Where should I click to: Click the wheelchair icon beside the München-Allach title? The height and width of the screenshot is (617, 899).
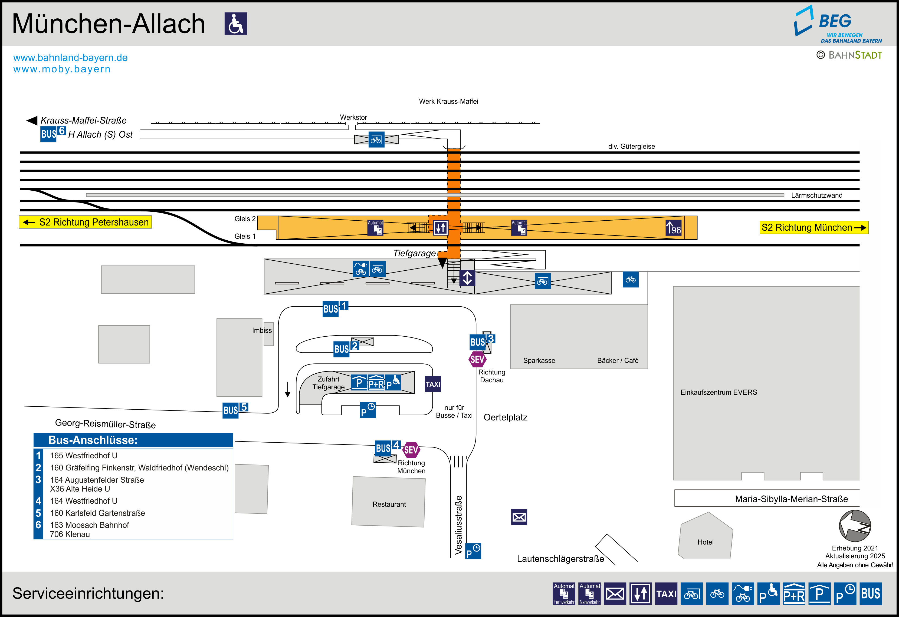(236, 24)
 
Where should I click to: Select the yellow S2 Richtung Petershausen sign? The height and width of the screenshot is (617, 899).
(86, 222)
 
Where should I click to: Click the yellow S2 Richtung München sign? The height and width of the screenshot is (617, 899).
(813, 227)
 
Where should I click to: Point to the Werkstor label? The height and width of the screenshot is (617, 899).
(353, 117)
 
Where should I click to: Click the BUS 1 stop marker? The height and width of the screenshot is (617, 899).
(335, 308)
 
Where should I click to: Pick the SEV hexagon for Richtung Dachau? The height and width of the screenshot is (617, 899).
(477, 360)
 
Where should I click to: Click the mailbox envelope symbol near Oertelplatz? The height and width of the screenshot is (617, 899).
(519, 517)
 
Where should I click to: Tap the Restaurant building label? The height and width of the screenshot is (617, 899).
(389, 504)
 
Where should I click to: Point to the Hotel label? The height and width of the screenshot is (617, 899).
(705, 542)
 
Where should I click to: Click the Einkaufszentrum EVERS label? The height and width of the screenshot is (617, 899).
(718, 392)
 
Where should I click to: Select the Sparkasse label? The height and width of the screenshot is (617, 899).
(539, 360)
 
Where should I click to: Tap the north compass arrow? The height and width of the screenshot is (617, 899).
(855, 526)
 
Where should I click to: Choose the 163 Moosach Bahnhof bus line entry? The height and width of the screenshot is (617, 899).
(89, 525)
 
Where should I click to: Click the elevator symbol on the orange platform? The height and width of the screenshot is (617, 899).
(440, 227)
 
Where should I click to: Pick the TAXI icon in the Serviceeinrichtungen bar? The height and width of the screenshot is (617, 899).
(666, 593)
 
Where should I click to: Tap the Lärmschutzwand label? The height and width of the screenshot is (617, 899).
(816, 195)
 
